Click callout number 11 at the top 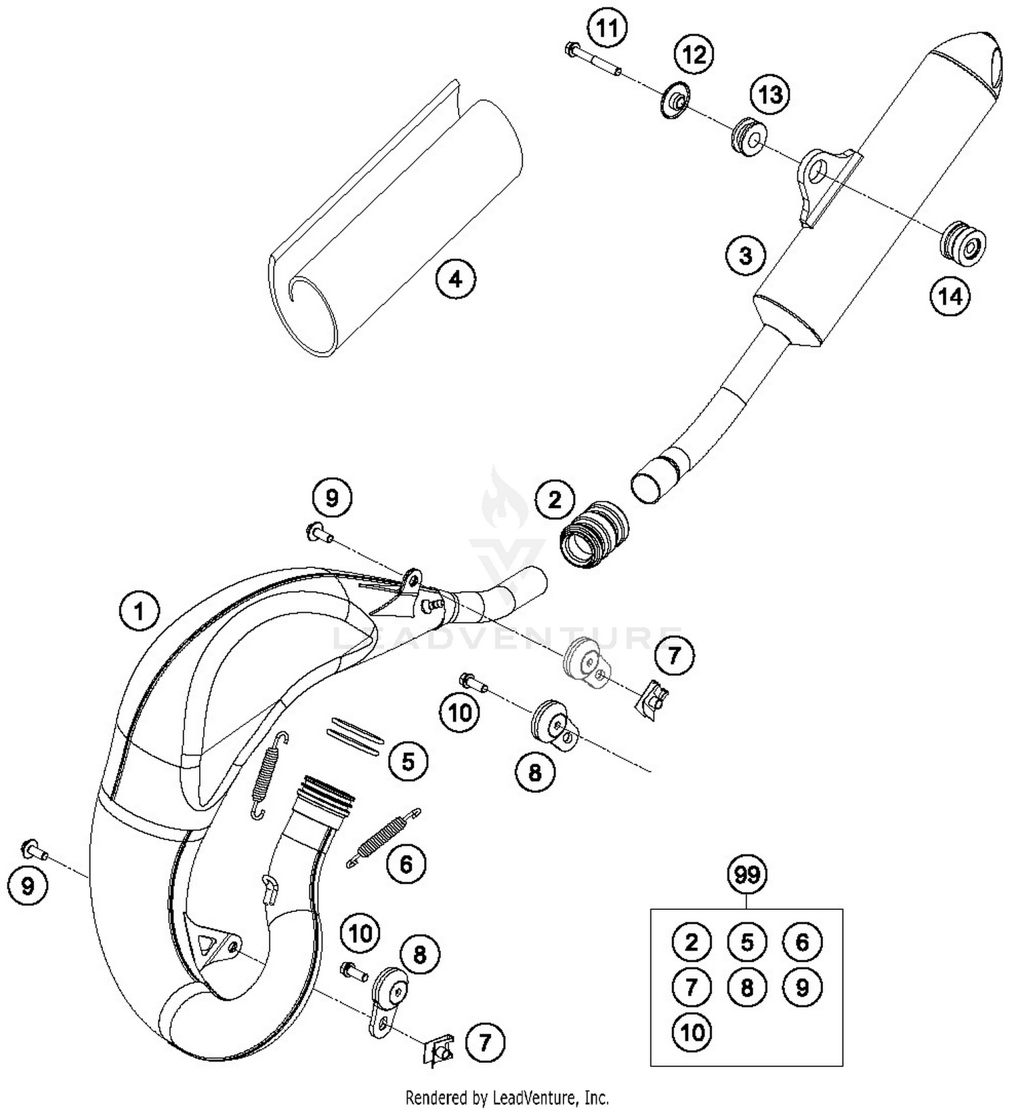pos(607,29)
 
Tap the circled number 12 pos(694,54)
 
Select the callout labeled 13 pos(770,95)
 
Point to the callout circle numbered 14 pos(950,296)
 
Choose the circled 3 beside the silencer pos(745,256)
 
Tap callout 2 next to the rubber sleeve pos(554,500)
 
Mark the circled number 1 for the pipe pos(139,612)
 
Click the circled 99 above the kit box pos(746,875)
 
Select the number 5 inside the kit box pos(746,942)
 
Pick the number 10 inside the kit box pos(692,1032)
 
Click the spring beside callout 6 pos(384,837)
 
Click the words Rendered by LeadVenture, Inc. pos(507,1096)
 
